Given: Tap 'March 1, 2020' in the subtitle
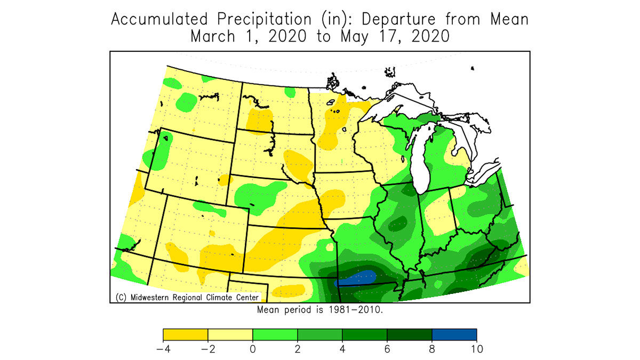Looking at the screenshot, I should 249,37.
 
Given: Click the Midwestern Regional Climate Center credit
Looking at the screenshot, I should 187,297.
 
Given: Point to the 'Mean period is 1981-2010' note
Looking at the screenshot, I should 319,309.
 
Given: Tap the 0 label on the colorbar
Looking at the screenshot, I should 252,349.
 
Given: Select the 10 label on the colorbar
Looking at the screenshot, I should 476,349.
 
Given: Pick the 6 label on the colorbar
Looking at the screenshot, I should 387,349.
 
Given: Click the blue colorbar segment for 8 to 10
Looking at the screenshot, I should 454,335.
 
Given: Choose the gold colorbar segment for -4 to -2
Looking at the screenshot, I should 185,335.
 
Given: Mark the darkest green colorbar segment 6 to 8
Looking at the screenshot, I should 409,335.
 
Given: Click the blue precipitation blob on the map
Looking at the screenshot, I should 356,277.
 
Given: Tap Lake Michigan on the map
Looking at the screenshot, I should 421,160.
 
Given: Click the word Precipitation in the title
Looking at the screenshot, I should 263,19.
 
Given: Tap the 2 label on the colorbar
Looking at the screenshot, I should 297,349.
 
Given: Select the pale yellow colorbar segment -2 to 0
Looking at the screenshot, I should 230,335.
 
